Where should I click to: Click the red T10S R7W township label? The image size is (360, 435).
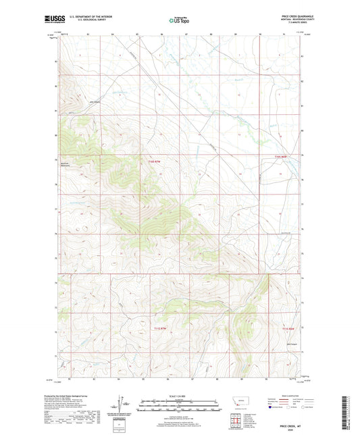pyautogui.click(x=155, y=161)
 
